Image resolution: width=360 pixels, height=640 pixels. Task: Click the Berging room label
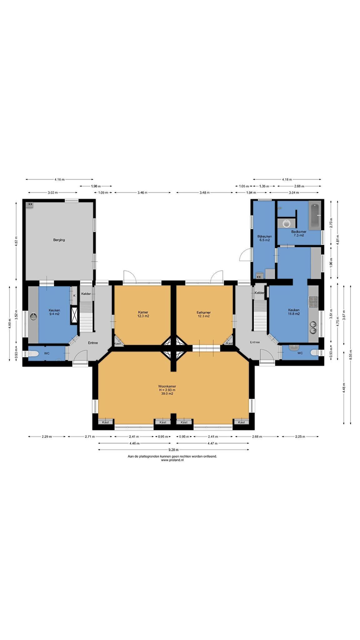pos(59,240)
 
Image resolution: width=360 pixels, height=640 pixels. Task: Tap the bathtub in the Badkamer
pos(315,216)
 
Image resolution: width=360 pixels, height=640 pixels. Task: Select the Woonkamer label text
pos(167,386)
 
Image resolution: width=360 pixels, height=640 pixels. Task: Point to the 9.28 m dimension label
pos(174,450)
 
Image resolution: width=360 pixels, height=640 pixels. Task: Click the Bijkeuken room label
pos(264,238)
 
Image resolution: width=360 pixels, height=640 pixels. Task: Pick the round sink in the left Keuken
pos(33,317)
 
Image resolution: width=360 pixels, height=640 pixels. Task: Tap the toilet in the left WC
pos(33,354)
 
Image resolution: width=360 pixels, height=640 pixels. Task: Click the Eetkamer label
pos(204,312)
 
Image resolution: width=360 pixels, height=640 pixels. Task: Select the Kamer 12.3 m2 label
pos(143,314)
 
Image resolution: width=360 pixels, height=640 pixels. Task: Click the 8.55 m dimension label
pos(351,354)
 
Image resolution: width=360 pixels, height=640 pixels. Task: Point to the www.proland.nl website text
pos(172,460)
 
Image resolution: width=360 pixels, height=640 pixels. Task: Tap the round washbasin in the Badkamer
pos(286,223)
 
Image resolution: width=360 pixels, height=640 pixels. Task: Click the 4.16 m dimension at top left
pos(59,179)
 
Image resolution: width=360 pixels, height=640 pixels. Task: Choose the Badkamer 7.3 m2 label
pos(299,233)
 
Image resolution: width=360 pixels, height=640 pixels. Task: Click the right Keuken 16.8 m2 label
pos(294,312)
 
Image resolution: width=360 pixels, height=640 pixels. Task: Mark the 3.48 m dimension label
pos(205,192)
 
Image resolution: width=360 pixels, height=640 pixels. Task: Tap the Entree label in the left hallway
pos(93,343)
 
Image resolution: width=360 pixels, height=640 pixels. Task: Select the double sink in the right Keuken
pos(313,327)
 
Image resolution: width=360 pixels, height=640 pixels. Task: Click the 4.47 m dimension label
pos(212,443)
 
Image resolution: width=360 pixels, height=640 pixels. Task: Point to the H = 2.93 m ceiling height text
pos(167,390)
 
